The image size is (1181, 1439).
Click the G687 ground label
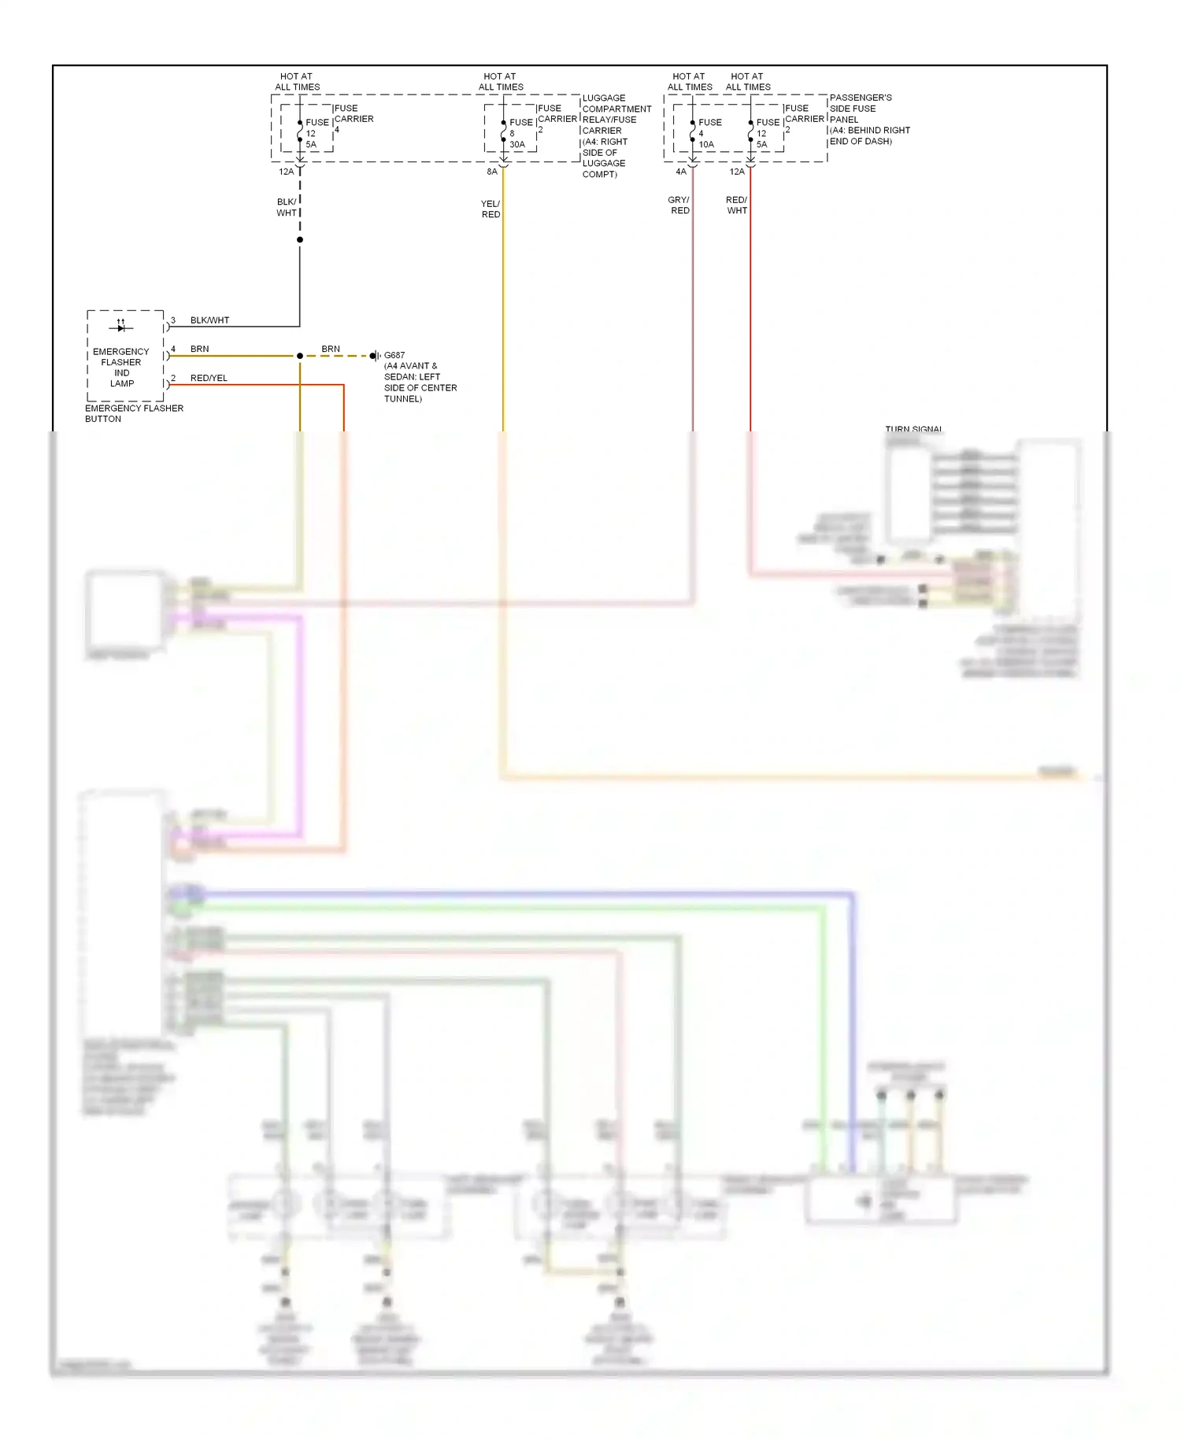[394, 355]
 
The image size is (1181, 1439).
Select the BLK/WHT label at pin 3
[209, 320]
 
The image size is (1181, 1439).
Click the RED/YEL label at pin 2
[209, 378]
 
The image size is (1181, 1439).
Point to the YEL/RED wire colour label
[491, 209]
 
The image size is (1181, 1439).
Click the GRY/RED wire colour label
[679, 205]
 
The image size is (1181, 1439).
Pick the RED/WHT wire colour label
[736, 205]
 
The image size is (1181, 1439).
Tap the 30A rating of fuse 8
[517, 145]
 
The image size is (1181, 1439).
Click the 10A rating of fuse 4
[706, 145]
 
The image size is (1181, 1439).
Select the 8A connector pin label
[492, 172]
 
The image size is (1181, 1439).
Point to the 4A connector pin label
[681, 172]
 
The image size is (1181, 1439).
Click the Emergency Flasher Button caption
[134, 413]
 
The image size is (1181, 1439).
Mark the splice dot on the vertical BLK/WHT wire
[300, 239]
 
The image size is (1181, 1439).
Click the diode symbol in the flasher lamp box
[120, 327]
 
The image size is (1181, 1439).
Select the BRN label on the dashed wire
[331, 349]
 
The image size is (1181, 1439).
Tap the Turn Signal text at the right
[913, 429]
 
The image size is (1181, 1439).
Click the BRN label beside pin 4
[199, 349]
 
